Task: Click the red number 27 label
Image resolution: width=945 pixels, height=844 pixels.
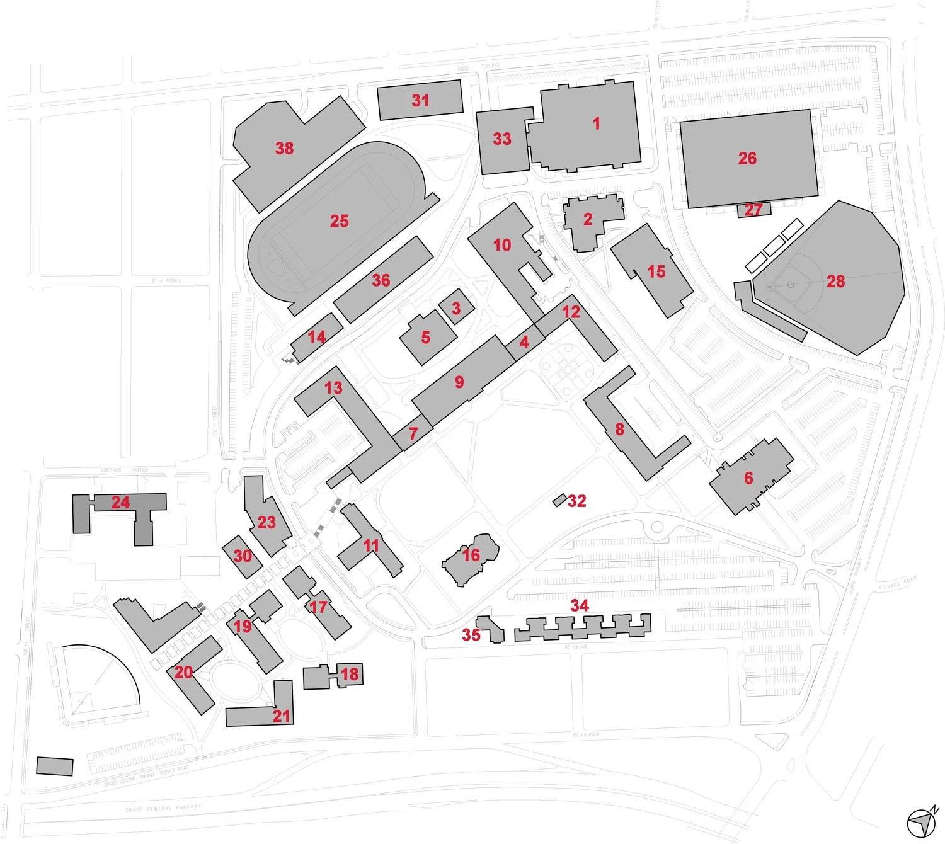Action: [x=753, y=210]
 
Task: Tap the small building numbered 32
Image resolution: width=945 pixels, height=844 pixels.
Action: [x=559, y=500]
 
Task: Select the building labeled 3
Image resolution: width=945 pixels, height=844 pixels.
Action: [x=456, y=308]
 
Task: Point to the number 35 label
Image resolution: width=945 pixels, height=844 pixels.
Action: [x=471, y=634]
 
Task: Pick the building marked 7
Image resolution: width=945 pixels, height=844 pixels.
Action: [x=413, y=433]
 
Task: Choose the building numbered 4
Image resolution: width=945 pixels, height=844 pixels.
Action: [x=524, y=342]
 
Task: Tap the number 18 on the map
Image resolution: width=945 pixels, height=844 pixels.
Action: [x=350, y=674]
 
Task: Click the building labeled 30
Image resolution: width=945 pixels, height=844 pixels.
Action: [x=243, y=556]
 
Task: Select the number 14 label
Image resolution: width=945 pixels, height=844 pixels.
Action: [x=317, y=336]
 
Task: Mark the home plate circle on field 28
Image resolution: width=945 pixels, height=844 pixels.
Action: [x=770, y=286]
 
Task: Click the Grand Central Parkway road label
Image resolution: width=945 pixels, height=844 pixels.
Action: [x=163, y=807]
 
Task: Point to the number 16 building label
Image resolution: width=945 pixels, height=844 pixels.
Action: [x=471, y=555]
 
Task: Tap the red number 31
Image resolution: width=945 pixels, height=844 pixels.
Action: [x=420, y=100]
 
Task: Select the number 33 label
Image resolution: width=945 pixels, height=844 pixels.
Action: [x=502, y=139]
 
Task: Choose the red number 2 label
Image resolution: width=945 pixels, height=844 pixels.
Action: [x=588, y=219]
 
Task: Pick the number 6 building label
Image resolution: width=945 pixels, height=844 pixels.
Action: [x=748, y=478]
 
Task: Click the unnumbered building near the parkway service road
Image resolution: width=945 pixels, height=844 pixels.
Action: [x=55, y=767]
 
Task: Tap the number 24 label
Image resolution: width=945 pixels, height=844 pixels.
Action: [x=120, y=502]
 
